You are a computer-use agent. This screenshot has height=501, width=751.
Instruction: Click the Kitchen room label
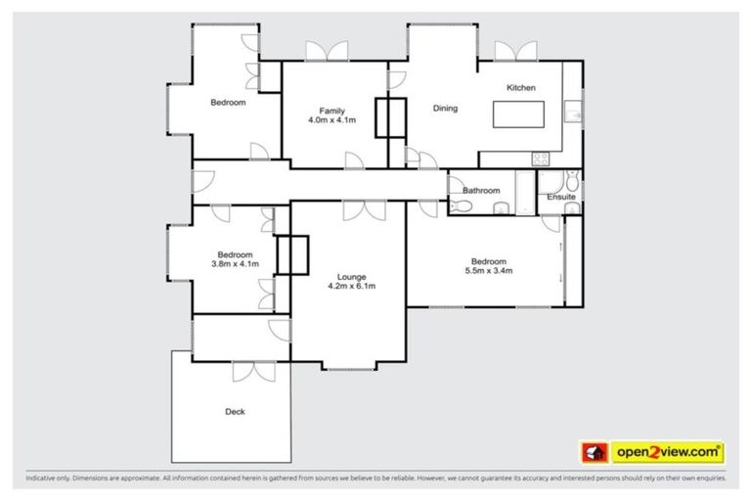click(x=520, y=88)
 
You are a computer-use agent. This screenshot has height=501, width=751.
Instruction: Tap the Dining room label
click(x=445, y=109)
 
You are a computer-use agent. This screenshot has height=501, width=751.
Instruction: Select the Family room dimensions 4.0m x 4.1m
click(x=331, y=120)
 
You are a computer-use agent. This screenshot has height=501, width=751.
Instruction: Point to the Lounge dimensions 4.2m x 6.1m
click(x=351, y=287)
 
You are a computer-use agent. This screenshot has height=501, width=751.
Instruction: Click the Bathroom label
click(x=481, y=191)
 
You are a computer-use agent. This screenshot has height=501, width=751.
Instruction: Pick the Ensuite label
click(x=561, y=197)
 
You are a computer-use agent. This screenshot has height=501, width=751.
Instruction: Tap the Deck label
click(x=235, y=412)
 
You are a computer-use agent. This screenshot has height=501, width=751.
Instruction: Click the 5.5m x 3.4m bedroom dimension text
click(x=488, y=272)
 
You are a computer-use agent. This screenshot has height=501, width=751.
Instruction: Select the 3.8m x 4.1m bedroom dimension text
click(x=235, y=263)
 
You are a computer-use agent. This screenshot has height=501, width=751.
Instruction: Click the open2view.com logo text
click(x=667, y=452)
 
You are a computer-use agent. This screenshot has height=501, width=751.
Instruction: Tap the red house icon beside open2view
click(x=593, y=453)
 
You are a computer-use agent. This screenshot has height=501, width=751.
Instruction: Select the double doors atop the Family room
click(x=326, y=52)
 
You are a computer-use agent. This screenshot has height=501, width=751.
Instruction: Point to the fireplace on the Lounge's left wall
click(x=292, y=255)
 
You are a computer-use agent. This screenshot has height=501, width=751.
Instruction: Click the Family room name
click(x=331, y=110)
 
